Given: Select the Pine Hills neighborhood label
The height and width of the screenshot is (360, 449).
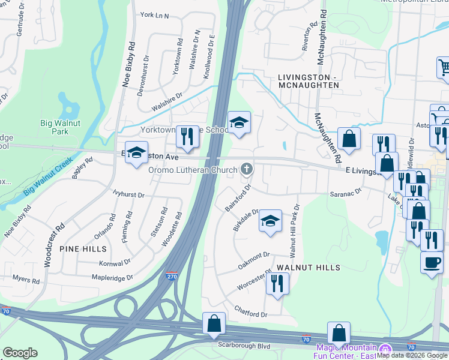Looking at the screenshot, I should click(x=83, y=248).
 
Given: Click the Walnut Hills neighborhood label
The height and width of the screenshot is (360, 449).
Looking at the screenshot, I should click(x=308, y=268).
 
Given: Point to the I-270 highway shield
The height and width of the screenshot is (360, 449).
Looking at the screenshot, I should click(x=171, y=277).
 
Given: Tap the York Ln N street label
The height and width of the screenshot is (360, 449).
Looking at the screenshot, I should click(x=154, y=15).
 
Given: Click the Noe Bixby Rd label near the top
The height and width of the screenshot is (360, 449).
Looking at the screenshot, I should click(x=129, y=65).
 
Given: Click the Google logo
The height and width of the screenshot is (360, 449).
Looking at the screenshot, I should click(x=20, y=353).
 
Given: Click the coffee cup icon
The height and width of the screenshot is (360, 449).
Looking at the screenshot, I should click(x=432, y=263).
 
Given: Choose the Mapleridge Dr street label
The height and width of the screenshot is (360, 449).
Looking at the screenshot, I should click(x=112, y=278).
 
